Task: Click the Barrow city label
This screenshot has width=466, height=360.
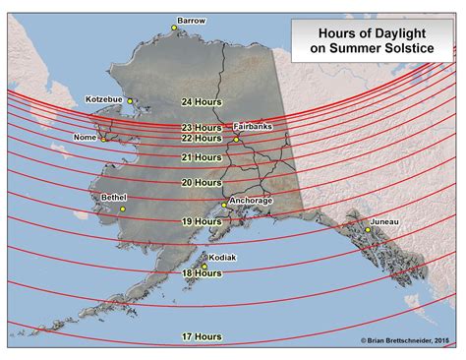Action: pos(191,20)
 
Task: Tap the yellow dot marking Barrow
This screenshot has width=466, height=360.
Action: pos(174,29)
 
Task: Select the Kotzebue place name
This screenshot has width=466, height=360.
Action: pos(103,99)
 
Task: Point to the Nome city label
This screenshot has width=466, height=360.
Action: pos(86,138)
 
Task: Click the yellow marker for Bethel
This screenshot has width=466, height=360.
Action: pos(123,209)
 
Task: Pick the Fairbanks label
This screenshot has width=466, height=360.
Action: pos(254,126)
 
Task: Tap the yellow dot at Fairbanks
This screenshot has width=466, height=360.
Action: pos(236,139)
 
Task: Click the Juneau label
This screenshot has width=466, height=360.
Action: pos(385,222)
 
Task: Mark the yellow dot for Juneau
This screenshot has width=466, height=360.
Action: pos(369,229)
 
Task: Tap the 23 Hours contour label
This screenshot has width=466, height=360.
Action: pos(201,127)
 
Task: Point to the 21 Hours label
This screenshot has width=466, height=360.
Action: pos(201,157)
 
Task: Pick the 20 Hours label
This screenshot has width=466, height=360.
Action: pos(201,182)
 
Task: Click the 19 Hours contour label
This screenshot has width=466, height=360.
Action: pos(201,223)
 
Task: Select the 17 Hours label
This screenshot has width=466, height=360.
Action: pos(201,336)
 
